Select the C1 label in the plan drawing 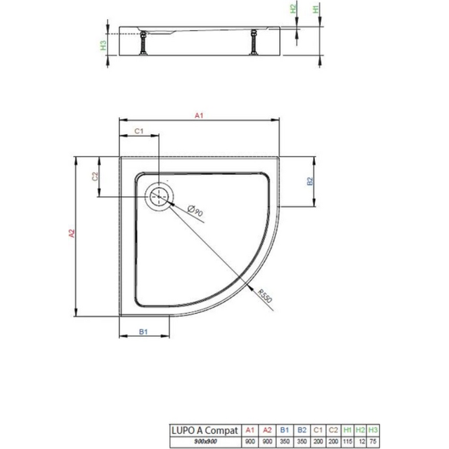(x=139, y=131)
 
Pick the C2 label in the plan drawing (x=94, y=176)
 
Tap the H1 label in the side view (x=316, y=9)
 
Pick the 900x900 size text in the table (x=202, y=440)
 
